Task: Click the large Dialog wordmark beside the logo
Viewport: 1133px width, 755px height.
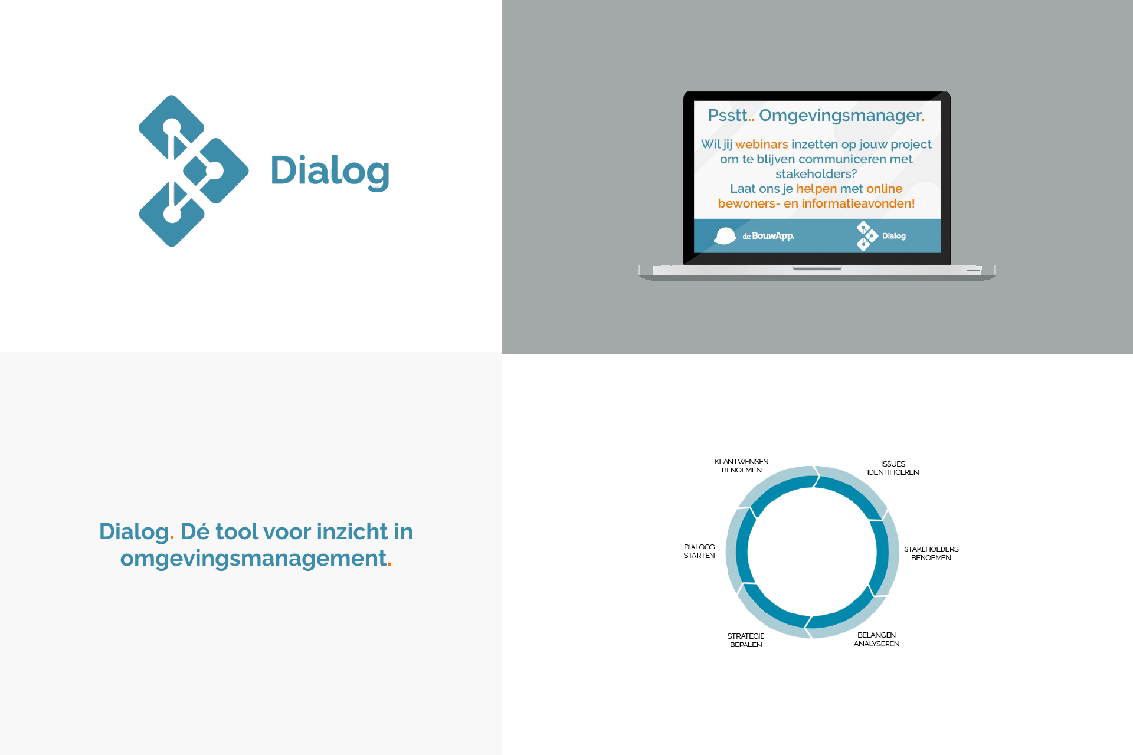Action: click(330, 172)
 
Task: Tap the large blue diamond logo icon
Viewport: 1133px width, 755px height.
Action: click(194, 171)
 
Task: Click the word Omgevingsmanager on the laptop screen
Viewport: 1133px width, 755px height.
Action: click(840, 116)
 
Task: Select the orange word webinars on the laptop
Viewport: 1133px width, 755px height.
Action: click(761, 144)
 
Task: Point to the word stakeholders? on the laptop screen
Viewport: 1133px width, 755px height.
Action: click(816, 174)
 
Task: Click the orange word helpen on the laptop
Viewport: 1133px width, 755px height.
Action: click(817, 189)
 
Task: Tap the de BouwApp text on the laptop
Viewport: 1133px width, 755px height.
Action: click(768, 236)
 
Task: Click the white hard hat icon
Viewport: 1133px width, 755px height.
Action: click(725, 236)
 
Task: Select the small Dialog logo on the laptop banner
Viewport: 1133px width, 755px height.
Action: click(880, 236)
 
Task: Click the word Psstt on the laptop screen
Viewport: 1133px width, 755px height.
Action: click(728, 116)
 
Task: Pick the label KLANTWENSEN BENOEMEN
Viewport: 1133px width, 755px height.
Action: click(742, 466)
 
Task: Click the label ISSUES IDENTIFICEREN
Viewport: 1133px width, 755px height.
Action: click(893, 468)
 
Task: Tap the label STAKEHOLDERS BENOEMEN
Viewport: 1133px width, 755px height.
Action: click(931, 553)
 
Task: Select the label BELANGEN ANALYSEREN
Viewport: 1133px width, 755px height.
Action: click(876, 639)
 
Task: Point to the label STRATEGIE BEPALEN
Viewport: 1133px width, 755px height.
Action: click(746, 641)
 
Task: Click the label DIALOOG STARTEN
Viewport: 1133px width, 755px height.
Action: click(699, 551)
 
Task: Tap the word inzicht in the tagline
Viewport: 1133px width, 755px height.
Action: click(352, 531)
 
